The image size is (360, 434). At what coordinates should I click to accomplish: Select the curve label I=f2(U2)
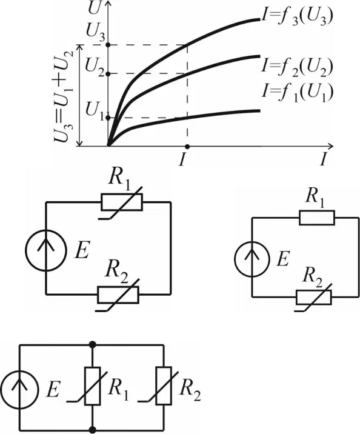[296, 67]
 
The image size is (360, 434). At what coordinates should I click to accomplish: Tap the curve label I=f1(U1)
[296, 93]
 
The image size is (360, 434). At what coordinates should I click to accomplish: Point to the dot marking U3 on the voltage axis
[108, 45]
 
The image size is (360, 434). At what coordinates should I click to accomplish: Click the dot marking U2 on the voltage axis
[108, 73]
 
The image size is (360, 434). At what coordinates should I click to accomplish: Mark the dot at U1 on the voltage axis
[108, 118]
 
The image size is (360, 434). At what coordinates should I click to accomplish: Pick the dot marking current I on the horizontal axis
[187, 146]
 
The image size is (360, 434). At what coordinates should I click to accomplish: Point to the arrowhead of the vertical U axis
[108, 4]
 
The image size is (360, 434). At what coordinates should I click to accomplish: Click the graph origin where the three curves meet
[108, 145]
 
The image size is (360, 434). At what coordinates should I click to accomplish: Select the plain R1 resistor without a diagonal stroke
[317, 218]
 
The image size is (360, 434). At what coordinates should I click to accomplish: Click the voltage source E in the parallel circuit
[19, 388]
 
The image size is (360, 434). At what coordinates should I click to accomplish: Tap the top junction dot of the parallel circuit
[92, 345]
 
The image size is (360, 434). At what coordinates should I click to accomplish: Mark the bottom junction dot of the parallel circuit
[92, 430]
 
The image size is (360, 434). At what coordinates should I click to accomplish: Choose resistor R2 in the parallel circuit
[164, 386]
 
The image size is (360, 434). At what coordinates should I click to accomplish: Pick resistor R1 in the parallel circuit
[92, 386]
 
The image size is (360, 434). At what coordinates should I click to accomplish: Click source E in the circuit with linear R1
[252, 259]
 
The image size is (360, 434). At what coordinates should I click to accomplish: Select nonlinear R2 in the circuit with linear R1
[314, 297]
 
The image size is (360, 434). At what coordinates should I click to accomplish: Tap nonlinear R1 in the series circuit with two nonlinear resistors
[122, 202]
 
